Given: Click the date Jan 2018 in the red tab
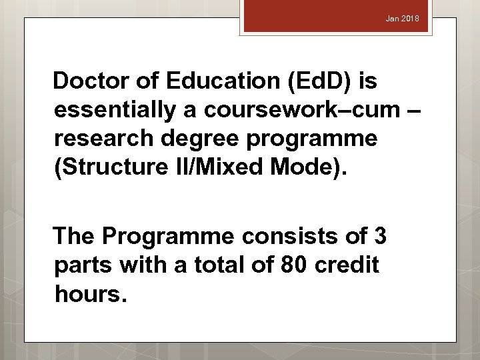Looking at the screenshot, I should coord(403,19).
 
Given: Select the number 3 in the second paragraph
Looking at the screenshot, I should coord(381,236).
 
